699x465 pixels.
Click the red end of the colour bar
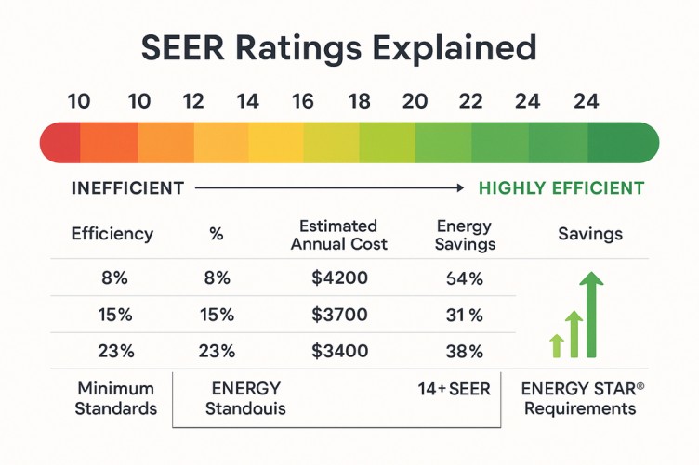[x=59, y=143]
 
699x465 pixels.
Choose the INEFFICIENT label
[x=127, y=188]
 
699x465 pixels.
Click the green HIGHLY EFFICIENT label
[x=561, y=188]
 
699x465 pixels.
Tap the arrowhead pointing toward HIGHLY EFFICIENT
[x=458, y=188]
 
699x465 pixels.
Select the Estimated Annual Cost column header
[x=338, y=235]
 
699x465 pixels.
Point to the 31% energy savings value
[x=464, y=315]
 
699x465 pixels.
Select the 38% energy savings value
[x=464, y=352]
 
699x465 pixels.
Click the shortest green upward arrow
[x=557, y=345]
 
